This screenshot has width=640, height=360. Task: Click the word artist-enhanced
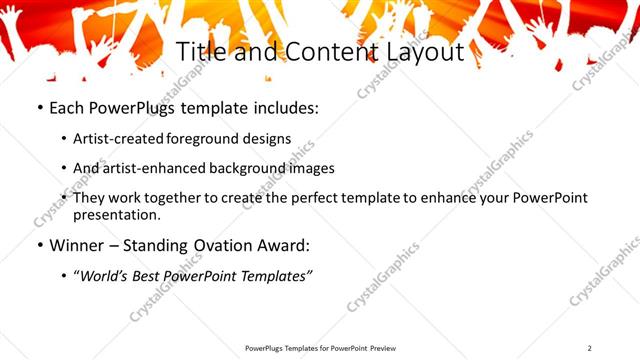click(x=153, y=168)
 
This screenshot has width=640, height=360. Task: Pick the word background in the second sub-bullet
click(x=245, y=168)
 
